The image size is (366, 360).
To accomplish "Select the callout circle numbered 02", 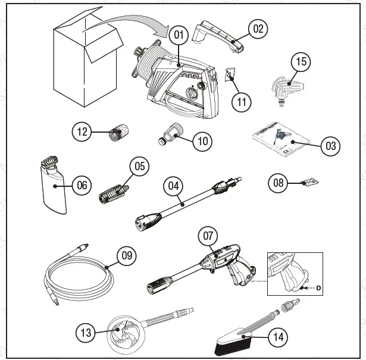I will (x=258, y=28).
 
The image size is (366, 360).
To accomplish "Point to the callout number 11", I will (x=242, y=102).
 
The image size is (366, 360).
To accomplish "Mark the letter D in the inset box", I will (x=318, y=288).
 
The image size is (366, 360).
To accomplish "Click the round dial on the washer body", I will (x=192, y=95).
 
